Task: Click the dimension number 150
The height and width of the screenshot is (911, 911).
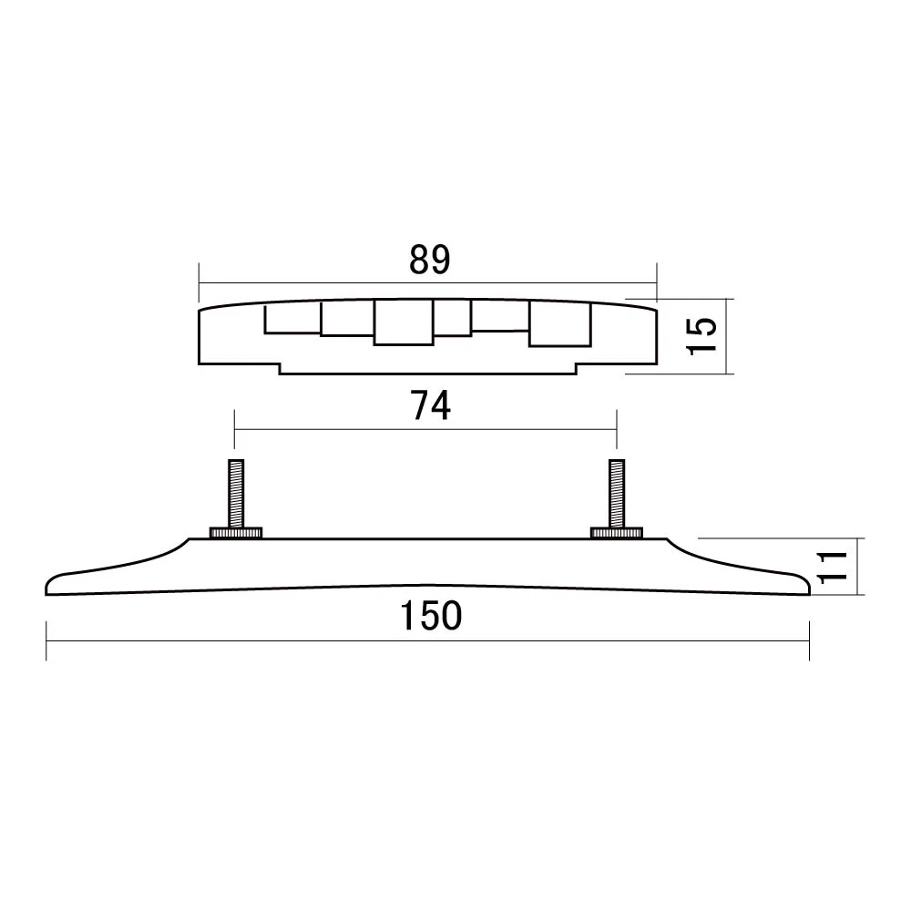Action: pyautogui.click(x=430, y=618)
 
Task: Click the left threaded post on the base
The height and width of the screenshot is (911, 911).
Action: pyautogui.click(x=234, y=492)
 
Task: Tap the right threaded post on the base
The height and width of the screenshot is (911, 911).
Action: pyautogui.click(x=616, y=492)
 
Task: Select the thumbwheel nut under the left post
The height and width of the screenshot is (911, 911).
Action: pyautogui.click(x=235, y=532)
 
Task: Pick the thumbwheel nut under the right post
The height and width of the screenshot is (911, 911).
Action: pyautogui.click(x=617, y=532)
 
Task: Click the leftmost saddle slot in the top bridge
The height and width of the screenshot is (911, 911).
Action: pyautogui.click(x=292, y=319)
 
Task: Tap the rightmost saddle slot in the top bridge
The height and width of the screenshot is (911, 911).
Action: pyautogui.click(x=559, y=324)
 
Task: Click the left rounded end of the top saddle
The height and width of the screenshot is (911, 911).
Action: pyautogui.click(x=202, y=337)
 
